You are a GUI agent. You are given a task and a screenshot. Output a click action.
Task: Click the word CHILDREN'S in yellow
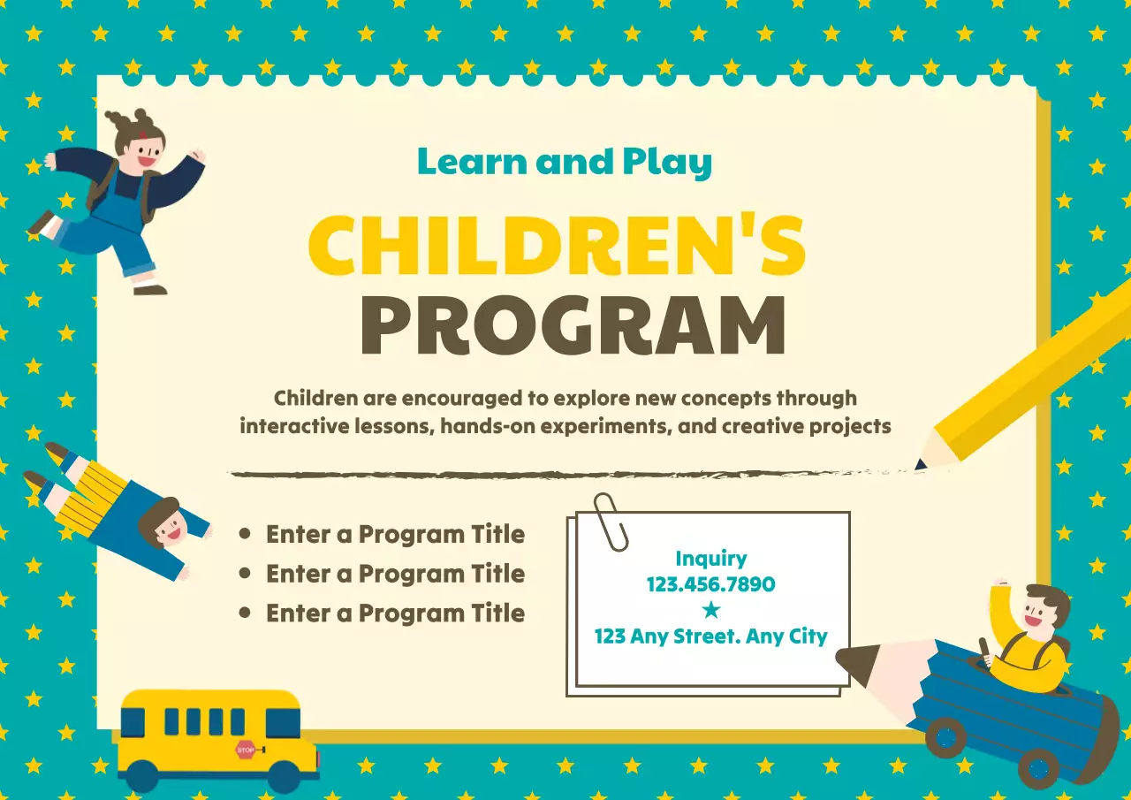[x=557, y=244]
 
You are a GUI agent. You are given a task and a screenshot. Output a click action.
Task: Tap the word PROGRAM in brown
[x=573, y=324]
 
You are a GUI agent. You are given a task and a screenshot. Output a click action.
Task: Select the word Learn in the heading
[x=472, y=162]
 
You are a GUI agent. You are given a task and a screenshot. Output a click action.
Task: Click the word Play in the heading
[x=667, y=163]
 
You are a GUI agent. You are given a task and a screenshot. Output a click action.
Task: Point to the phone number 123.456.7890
[x=710, y=584]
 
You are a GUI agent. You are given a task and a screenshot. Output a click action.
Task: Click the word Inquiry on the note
[x=710, y=559]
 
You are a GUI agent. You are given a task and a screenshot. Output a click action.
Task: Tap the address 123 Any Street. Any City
[x=710, y=636]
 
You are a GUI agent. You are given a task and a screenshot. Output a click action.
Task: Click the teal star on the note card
[x=710, y=610]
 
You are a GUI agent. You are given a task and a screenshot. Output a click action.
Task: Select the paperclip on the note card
[x=611, y=522]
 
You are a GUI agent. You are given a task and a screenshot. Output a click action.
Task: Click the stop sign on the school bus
[x=246, y=750]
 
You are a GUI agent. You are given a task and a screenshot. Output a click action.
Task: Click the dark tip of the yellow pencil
[x=922, y=463]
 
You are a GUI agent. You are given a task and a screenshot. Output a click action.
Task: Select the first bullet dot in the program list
[x=246, y=534]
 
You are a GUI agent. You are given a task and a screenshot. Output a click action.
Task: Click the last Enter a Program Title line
[x=395, y=613]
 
